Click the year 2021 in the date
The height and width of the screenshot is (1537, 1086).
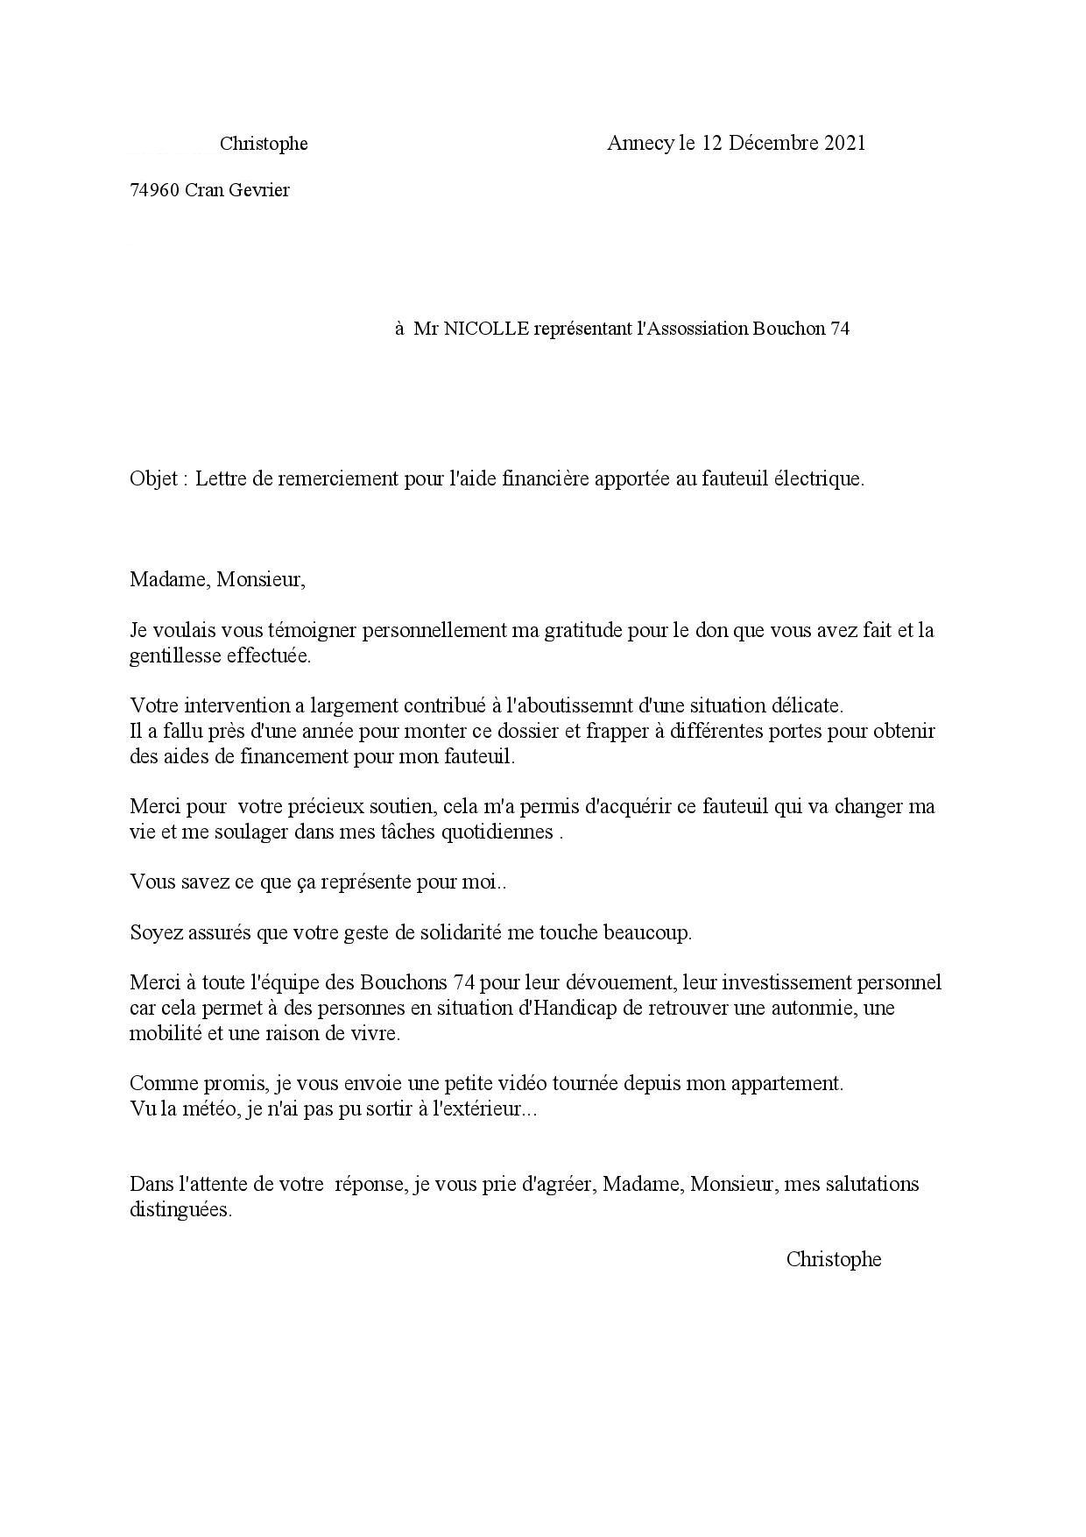[x=844, y=143]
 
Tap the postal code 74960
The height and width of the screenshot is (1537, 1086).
[x=155, y=190]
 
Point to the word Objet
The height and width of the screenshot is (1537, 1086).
[x=154, y=479]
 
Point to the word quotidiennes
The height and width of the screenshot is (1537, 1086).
[x=500, y=832]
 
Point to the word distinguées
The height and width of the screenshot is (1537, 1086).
[x=180, y=1210]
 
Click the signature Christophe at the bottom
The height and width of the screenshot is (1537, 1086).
[x=833, y=1259]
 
